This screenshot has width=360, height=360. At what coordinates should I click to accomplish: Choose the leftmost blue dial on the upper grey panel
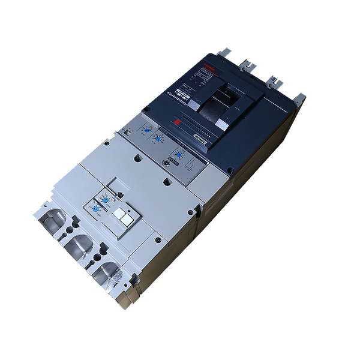point(146,128)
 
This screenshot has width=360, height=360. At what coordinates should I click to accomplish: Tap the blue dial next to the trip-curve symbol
point(177,155)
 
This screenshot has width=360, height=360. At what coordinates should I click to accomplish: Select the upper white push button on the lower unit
point(118,212)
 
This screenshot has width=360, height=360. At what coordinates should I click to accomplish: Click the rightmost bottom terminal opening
point(108,273)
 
